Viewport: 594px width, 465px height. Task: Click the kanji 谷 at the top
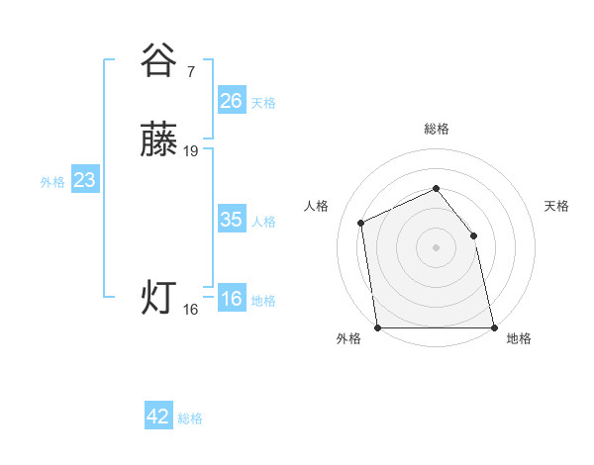[x=158, y=60]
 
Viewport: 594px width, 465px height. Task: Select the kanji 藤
[x=158, y=141]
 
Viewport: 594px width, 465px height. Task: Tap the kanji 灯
[x=158, y=298]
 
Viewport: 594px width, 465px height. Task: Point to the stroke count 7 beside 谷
[x=190, y=71]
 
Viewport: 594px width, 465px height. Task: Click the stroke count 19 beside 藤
[x=191, y=151]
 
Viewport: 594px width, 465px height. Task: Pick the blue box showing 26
[x=232, y=100]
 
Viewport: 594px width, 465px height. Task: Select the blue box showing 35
[x=232, y=220]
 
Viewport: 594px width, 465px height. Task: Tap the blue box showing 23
[x=84, y=180]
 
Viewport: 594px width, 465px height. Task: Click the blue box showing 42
[x=158, y=417]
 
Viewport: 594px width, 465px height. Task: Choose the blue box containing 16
[x=232, y=299]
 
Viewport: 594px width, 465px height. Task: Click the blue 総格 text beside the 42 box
[x=190, y=418]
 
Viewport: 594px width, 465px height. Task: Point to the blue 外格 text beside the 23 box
[x=52, y=182]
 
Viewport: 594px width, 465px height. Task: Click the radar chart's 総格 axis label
[x=436, y=129]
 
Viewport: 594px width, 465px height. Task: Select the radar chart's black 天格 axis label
[x=557, y=206]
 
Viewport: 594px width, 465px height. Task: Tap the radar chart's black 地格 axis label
[x=519, y=339]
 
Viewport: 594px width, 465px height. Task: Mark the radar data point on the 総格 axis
[x=436, y=188]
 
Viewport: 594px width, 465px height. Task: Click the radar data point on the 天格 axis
[x=473, y=235]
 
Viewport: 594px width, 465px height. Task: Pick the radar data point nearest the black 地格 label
[x=494, y=327]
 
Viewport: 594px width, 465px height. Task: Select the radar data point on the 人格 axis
[x=361, y=223]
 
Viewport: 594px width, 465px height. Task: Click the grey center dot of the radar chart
[x=436, y=247]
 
